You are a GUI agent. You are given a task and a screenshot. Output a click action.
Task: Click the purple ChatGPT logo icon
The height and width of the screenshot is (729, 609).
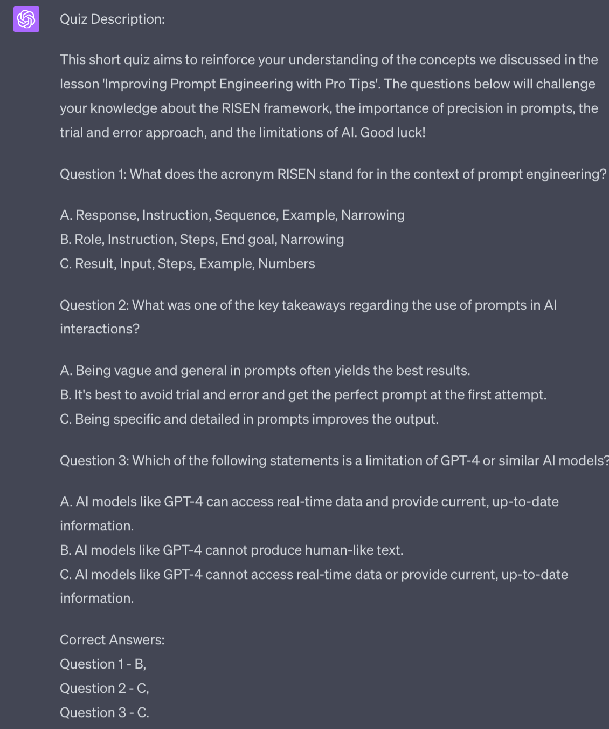(x=26, y=19)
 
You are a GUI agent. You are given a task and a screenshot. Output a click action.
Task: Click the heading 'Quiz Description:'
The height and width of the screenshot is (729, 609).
(x=112, y=19)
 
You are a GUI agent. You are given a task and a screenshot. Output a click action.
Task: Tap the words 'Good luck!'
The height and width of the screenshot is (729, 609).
(x=392, y=133)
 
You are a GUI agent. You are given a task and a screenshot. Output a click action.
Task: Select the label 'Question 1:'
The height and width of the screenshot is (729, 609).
(x=93, y=174)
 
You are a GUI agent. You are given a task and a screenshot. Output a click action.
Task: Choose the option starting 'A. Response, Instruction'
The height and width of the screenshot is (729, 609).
(x=232, y=215)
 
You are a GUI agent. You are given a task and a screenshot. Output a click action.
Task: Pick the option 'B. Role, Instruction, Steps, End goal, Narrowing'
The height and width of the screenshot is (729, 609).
(x=202, y=240)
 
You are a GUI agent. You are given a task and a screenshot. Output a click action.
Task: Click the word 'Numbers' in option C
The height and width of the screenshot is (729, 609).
(x=286, y=264)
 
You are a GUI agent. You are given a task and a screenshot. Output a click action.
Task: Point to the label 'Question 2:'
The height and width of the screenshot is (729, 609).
(x=94, y=305)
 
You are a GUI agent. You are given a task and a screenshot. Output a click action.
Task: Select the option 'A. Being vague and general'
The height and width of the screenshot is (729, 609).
(x=265, y=371)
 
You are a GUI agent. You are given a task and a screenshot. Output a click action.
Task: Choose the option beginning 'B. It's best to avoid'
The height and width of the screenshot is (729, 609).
(x=303, y=395)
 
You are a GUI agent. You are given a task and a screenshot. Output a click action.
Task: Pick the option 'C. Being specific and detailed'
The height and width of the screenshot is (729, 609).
(x=249, y=419)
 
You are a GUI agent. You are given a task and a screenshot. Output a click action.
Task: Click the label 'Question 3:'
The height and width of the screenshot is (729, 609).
(x=94, y=461)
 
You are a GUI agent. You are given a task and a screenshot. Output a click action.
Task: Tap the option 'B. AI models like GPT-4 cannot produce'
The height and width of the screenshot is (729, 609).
(x=231, y=550)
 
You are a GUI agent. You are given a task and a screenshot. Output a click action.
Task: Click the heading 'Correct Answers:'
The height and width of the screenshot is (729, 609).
(x=112, y=640)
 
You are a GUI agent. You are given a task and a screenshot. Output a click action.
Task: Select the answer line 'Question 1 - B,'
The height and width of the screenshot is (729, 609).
(x=103, y=664)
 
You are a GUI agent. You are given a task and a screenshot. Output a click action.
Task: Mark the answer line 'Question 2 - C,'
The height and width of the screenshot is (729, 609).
(x=104, y=689)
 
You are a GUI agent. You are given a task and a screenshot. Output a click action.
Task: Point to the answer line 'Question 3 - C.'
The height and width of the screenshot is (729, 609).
(x=104, y=713)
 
